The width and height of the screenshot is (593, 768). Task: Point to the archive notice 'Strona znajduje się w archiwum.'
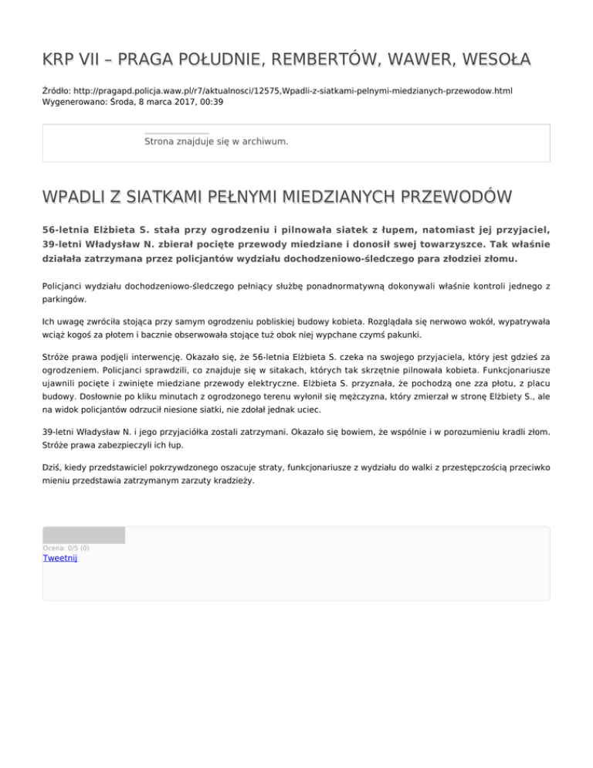pyautogui.click(x=216, y=141)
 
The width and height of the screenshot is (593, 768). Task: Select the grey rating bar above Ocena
pyautogui.click(x=83, y=535)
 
